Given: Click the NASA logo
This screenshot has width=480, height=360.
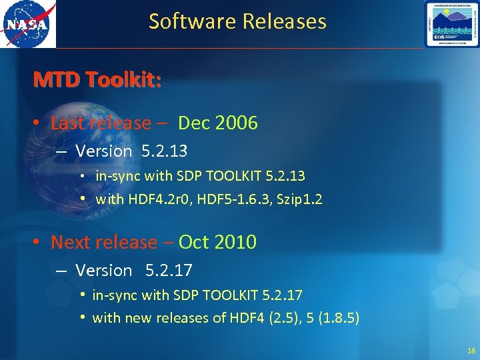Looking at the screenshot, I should [x=27, y=25].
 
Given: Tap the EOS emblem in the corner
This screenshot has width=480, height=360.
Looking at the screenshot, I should [x=452, y=24].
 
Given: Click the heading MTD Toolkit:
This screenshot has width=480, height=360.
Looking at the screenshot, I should [x=97, y=81].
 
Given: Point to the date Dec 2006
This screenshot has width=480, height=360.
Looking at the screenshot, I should [x=217, y=123].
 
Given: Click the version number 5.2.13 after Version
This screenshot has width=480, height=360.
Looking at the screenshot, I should [x=165, y=151].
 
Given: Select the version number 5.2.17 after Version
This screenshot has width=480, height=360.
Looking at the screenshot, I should [x=168, y=271].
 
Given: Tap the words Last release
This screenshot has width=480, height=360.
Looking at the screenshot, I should [x=101, y=123].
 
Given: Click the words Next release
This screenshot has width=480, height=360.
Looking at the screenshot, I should [x=104, y=242].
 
